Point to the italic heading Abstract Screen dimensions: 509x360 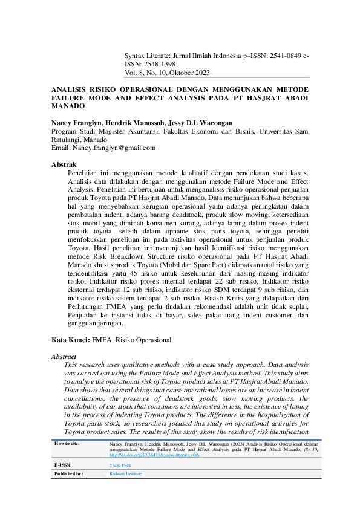(65, 357)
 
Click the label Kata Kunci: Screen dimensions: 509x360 (70, 340)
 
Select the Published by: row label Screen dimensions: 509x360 (68, 474)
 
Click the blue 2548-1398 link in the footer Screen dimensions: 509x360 (120, 466)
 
